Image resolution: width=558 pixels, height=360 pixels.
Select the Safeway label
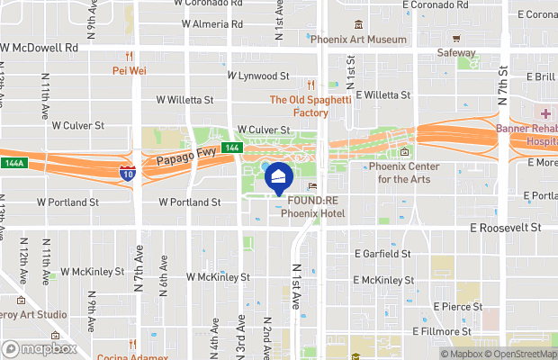[456, 53]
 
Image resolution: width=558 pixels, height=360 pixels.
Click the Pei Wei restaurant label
[130, 69]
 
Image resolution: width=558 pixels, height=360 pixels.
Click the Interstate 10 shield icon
[128, 172]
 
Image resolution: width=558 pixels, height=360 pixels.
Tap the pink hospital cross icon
[546, 114]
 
